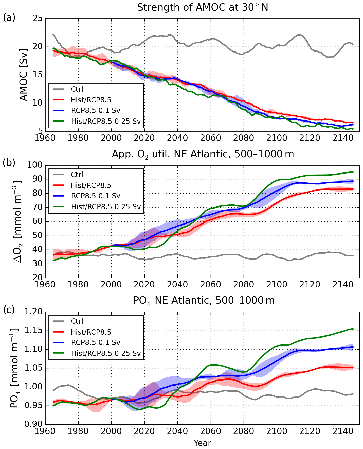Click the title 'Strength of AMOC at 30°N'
[203, 8]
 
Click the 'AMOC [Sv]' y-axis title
[23, 75]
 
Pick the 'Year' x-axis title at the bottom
[202, 443]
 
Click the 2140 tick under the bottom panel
[343, 430]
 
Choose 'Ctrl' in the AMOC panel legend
[77, 89]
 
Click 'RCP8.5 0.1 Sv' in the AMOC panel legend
[96, 111]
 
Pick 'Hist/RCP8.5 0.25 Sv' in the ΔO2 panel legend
[106, 207]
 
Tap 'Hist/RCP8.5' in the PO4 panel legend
[91, 332]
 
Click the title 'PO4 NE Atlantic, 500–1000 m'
[204, 301]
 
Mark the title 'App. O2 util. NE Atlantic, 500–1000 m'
[203, 154]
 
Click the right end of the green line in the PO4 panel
[353, 329]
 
